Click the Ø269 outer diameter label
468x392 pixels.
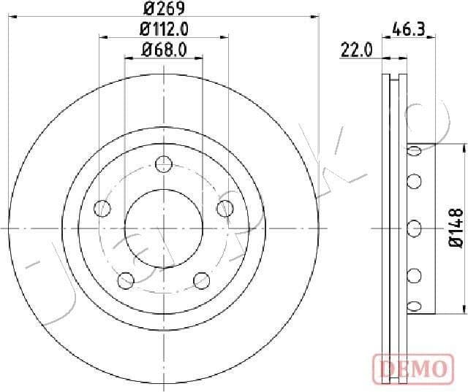[164, 9]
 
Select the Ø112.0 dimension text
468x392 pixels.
[164, 30]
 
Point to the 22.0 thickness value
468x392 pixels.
[357, 50]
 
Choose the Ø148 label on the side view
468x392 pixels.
[456, 228]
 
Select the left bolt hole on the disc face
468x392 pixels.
[103, 210]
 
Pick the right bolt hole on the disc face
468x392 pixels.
[224, 210]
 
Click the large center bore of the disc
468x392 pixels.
[164, 228]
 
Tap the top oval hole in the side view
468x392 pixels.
[414, 151]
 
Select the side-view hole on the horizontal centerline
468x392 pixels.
[414, 228]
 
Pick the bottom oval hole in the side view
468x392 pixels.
[414, 305]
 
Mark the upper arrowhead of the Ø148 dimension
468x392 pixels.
[463, 146]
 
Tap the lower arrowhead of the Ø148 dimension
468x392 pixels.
[463, 310]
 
